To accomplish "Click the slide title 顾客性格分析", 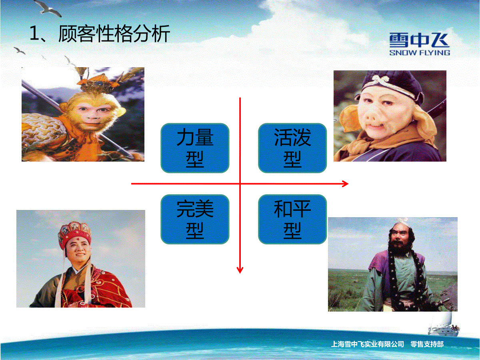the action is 114,34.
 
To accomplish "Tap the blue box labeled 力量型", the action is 195,148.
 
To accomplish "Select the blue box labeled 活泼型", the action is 292,148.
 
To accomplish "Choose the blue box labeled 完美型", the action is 195,219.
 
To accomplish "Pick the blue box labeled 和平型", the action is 292,219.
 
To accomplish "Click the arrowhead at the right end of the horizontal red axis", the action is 346,184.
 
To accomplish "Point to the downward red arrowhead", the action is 240,270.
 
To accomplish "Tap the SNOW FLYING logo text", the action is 420,53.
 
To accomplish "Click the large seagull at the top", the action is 48,8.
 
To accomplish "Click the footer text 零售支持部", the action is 427,344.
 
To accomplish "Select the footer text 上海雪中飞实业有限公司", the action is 367,344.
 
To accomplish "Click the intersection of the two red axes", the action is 240,184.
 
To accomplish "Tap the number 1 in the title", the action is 34,34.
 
